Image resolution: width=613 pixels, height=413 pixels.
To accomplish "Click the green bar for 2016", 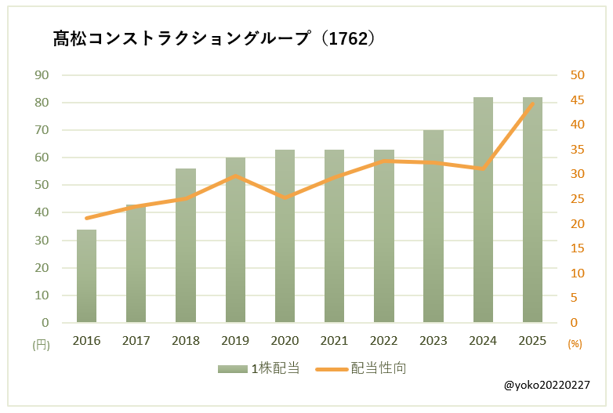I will tap(86, 276).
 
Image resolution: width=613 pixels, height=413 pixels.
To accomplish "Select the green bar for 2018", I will tap(186, 245).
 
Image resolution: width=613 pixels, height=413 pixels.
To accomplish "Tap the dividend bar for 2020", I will tap(285, 236).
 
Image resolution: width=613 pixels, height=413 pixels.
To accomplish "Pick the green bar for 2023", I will tap(433, 226).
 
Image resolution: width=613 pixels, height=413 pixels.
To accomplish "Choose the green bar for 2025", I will tap(532, 210).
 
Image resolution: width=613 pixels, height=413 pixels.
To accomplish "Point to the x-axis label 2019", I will tap(235, 341).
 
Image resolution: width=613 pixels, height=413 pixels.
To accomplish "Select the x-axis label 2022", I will tap(384, 341).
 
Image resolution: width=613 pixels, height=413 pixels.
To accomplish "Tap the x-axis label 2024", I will tap(483, 341).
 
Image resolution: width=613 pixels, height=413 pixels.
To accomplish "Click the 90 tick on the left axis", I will tap(42, 75).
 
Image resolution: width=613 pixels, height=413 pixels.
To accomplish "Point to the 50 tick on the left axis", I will tap(42, 185).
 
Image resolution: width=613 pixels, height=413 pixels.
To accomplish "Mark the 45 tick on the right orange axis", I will tap(577, 100).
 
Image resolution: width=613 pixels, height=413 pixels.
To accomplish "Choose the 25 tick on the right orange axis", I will tap(577, 199).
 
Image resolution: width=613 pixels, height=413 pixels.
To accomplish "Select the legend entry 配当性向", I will tap(360, 368).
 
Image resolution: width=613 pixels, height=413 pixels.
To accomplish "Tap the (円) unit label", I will tap(41, 344).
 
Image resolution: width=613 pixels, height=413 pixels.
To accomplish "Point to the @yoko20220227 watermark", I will tap(548, 386).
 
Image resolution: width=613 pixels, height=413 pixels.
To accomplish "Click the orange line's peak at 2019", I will tap(235, 176).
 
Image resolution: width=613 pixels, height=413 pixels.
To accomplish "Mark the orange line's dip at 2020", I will tap(285, 197).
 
